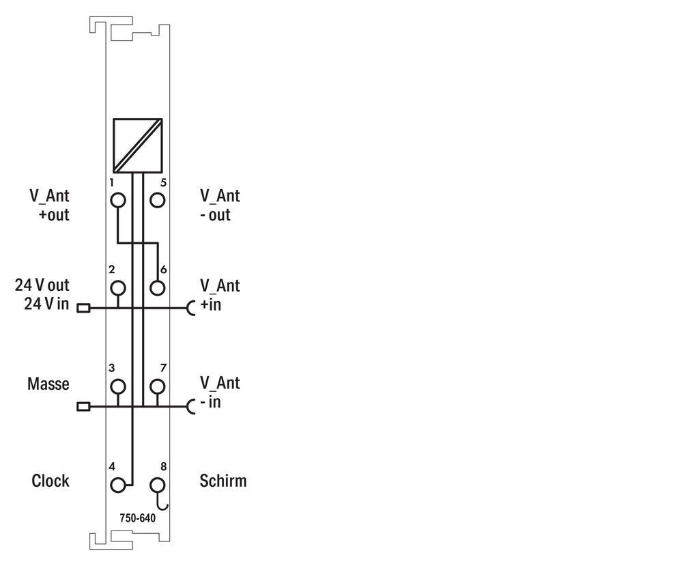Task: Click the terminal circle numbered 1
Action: (117, 200)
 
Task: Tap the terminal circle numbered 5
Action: (158, 200)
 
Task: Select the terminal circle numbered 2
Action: (117, 287)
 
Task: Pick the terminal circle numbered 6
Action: (158, 287)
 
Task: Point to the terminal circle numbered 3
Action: (117, 386)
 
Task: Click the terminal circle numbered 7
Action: (158, 386)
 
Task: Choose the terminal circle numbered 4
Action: (117, 485)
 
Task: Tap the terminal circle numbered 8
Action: (158, 485)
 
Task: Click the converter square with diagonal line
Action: (137, 145)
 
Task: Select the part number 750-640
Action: (138, 518)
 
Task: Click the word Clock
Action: (51, 481)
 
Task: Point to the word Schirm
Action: (223, 481)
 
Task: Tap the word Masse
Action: (48, 384)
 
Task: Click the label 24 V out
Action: (42, 285)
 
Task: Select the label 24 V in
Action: (47, 305)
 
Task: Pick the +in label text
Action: (210, 305)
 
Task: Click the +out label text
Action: (54, 215)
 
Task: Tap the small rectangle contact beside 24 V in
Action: (83, 308)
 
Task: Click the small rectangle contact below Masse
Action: (83, 406)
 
